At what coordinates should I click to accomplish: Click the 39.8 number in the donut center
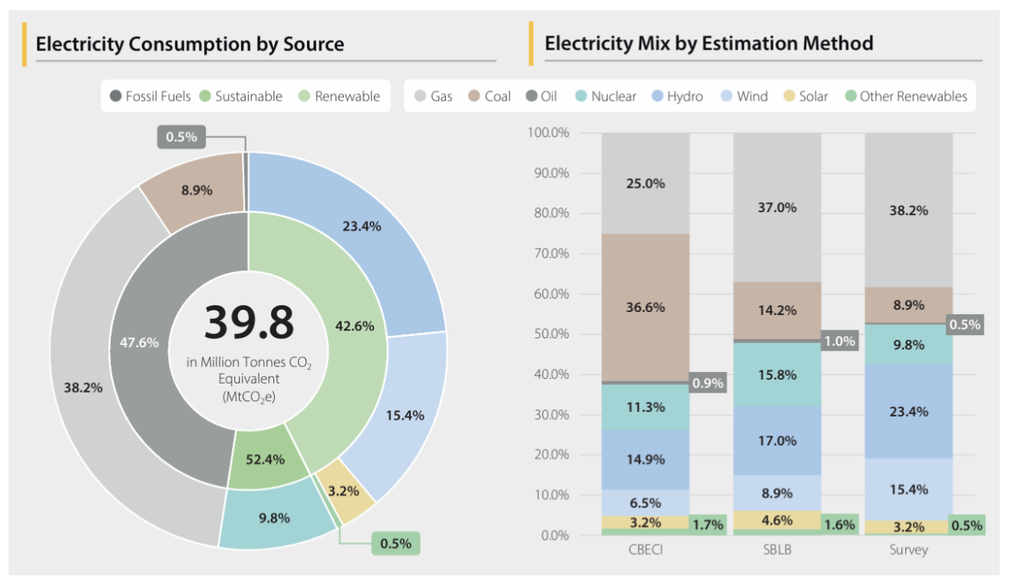point(249,323)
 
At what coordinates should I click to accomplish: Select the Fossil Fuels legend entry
point(150,96)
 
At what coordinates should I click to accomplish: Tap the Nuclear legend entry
point(607,96)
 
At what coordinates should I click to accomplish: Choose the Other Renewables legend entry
point(906,96)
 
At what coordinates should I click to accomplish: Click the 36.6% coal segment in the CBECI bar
point(645,307)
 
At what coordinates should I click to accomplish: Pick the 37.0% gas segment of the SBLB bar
point(777,207)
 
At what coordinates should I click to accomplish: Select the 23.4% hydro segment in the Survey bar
point(908,411)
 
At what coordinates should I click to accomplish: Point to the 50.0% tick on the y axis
point(549,334)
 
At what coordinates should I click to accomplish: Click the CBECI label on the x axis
point(645,550)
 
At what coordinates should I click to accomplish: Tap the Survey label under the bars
point(908,550)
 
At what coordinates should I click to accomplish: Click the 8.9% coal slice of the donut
point(197,190)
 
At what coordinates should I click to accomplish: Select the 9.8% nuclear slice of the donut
point(274,518)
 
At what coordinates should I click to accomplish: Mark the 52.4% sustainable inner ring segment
point(265,460)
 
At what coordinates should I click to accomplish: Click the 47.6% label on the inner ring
point(139,343)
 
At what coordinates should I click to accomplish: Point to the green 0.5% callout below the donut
point(395,543)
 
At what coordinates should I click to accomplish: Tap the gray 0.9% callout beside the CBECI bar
point(707,383)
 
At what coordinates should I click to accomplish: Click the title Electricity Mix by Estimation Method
point(708,43)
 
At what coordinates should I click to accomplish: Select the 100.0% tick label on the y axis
point(549,133)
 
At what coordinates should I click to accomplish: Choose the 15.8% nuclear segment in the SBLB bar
point(777,375)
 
